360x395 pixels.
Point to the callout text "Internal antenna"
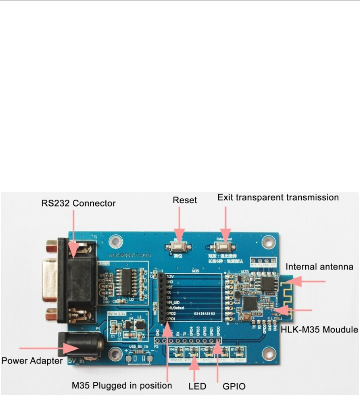319,267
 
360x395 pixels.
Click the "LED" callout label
197,385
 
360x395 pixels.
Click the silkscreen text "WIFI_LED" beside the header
174,302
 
